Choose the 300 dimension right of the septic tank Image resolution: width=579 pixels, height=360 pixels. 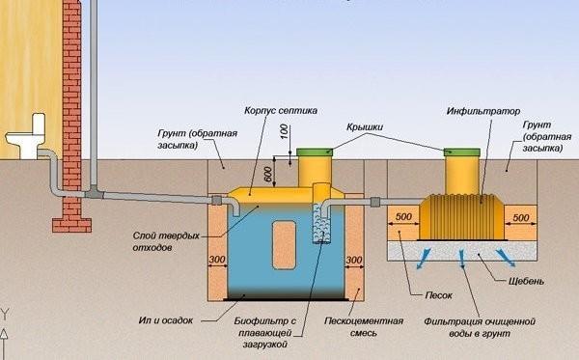pos(354,260)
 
